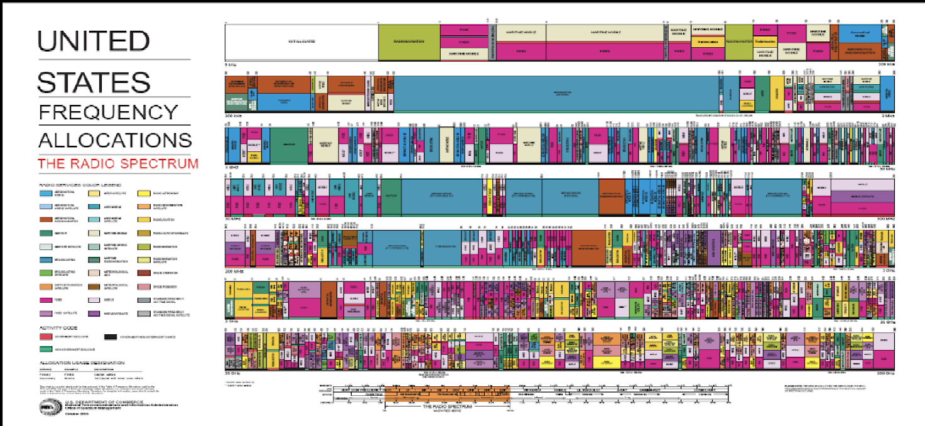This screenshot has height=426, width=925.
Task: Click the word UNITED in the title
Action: coord(93,41)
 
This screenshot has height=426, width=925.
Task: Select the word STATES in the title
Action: coord(94,82)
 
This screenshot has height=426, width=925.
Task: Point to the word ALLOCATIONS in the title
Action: coord(115,139)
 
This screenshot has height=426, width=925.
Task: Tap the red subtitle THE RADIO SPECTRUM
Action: coord(118,164)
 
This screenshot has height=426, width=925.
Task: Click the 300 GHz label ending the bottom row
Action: coord(884,374)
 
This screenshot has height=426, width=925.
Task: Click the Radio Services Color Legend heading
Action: coord(80,184)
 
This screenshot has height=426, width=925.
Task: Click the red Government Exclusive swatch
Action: coord(46,337)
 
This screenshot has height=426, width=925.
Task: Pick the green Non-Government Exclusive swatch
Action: coord(46,349)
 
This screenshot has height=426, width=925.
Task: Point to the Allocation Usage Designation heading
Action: coord(82,363)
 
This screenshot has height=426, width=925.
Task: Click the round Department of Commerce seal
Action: coord(46,406)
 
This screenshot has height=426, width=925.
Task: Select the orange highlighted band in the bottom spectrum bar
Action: coord(446,397)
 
